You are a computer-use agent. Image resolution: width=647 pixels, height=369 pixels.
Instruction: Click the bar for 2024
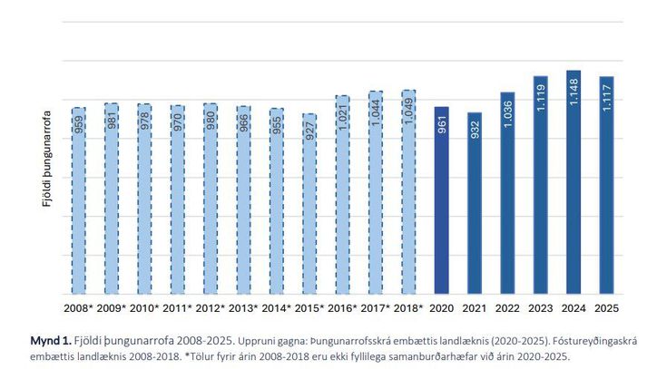(x=573, y=182)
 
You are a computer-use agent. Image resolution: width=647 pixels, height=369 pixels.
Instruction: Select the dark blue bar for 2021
(x=475, y=203)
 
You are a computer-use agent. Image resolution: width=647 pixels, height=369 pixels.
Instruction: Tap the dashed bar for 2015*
(x=309, y=204)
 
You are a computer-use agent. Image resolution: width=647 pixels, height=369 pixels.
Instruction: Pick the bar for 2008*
(x=79, y=200)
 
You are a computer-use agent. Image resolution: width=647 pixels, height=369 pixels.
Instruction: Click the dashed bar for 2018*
(x=408, y=191)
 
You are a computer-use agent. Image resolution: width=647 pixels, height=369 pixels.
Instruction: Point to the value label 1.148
(x=573, y=92)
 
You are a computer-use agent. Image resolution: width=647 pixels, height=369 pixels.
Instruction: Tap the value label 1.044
(x=376, y=112)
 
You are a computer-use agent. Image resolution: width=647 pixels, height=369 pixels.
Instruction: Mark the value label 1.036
(x=508, y=114)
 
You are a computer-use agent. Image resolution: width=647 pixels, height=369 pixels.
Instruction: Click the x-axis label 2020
(x=442, y=308)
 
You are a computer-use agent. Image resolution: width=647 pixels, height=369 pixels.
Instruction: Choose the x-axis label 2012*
(x=211, y=308)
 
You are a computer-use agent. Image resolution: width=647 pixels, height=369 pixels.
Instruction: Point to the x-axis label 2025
(x=606, y=308)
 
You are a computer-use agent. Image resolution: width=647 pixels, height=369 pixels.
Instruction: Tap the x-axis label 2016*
(x=342, y=308)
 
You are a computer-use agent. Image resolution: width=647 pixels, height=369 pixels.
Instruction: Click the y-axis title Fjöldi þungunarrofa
(x=46, y=159)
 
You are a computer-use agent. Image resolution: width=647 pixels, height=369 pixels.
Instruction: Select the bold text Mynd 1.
(x=51, y=341)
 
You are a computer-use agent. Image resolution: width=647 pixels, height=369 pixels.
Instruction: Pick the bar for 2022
(x=507, y=193)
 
